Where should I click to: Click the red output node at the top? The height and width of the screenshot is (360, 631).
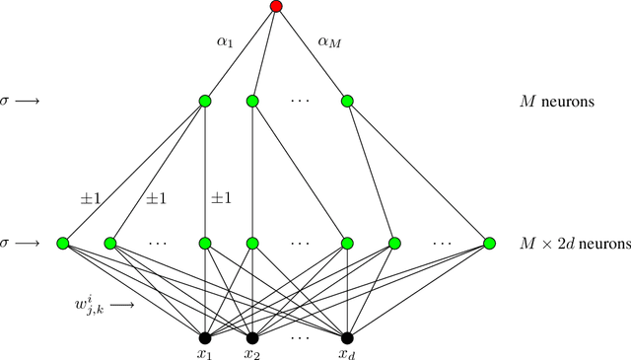276,7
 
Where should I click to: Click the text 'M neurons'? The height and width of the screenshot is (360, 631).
556,101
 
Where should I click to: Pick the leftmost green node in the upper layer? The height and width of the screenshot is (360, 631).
205,101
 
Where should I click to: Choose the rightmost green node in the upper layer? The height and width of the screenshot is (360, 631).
347,101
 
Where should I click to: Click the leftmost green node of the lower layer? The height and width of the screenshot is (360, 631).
63,243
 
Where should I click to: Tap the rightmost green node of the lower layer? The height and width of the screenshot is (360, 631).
489,243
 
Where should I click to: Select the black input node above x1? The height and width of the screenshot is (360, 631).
205,337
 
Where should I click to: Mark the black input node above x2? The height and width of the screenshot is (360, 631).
252,337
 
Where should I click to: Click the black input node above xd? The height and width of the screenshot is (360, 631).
347,337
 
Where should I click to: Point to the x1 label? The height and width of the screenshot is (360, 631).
205,353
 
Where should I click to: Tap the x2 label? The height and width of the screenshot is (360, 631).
252,353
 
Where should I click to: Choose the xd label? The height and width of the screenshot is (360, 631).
347,353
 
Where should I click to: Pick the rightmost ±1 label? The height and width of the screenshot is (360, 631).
223,198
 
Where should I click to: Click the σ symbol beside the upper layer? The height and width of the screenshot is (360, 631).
9,101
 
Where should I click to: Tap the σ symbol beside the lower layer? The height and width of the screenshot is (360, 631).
9,243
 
